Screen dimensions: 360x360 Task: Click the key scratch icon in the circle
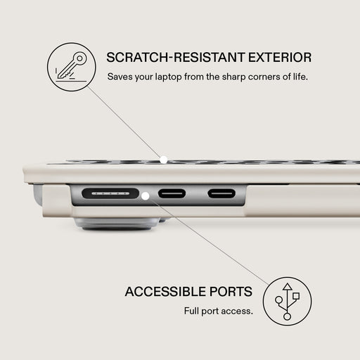[x=71, y=67]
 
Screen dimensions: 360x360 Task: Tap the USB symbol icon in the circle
[x=287, y=302]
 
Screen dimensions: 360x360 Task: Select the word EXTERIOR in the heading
[x=280, y=58]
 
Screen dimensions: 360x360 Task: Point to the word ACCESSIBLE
[x=165, y=292]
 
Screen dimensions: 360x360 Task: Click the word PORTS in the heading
[x=231, y=292]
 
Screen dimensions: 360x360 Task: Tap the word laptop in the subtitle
[x=168, y=77]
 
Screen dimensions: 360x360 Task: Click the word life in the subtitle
[x=300, y=77]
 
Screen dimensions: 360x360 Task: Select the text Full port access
[x=219, y=311]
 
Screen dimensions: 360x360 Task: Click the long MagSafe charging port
[x=110, y=193]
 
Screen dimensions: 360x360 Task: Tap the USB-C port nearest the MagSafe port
[x=172, y=193]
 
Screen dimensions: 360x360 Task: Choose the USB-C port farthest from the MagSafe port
[x=221, y=193]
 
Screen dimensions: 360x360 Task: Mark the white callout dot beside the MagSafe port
[x=146, y=196]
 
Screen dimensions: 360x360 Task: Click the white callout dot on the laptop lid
[x=163, y=160]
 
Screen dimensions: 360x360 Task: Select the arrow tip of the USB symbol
[x=288, y=283]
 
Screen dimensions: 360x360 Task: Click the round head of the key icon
[x=79, y=58]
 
